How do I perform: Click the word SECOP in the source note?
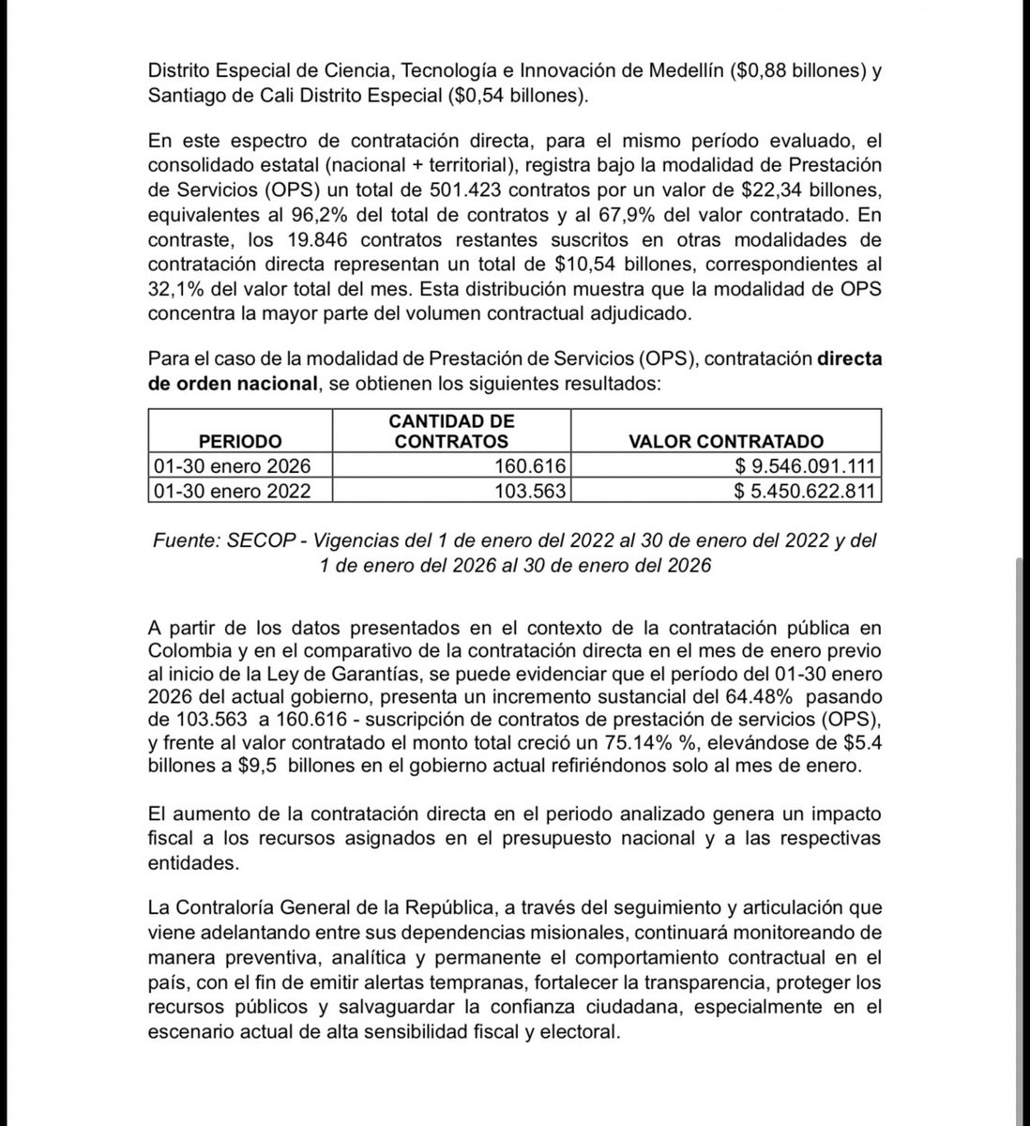point(258,541)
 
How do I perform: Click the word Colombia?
point(185,649)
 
